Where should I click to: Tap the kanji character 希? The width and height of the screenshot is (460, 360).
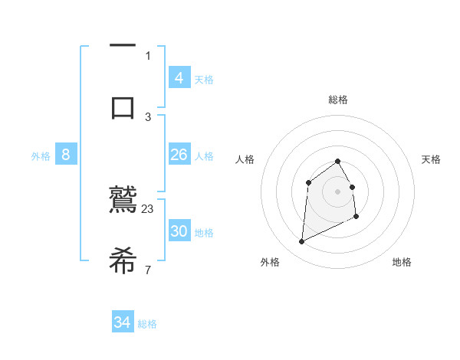123,260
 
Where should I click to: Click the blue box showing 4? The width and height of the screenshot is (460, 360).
179,77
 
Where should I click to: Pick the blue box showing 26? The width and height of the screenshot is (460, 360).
179,155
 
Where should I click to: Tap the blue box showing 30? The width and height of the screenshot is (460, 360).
179,231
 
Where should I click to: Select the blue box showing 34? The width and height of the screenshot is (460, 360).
123,322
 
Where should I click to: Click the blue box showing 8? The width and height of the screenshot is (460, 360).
66,155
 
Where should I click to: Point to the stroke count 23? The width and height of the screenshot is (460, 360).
148,208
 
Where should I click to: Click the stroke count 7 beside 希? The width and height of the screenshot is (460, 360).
148,270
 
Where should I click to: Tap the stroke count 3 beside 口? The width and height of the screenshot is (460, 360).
148,116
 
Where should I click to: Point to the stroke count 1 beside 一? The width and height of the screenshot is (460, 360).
148,55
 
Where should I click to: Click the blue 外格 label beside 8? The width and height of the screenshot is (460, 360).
41,156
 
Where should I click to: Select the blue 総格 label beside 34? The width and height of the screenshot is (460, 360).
147,324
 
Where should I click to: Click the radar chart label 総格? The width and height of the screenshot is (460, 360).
338,100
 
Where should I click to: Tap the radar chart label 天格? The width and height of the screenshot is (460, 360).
432,159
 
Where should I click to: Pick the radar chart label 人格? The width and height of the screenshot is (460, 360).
245,159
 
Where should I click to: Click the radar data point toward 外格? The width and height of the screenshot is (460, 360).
301,242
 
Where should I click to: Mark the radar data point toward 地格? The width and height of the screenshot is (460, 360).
357,218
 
